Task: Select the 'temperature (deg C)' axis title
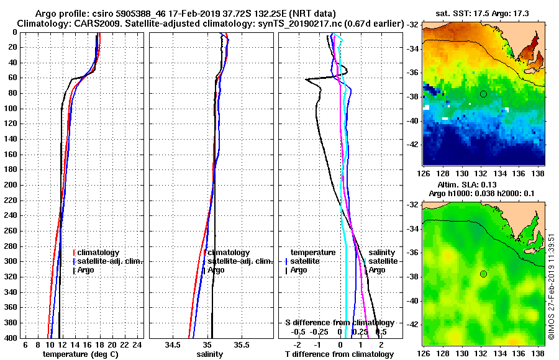click(x=80, y=354)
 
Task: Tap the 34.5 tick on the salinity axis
click(x=173, y=345)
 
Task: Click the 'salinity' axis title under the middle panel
click(x=211, y=354)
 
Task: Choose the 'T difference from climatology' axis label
click(x=339, y=354)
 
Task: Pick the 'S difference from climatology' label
click(x=339, y=323)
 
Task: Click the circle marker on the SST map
click(x=483, y=94)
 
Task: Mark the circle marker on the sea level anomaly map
click(x=483, y=274)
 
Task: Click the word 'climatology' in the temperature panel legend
click(x=100, y=253)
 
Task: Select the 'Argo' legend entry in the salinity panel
click(x=217, y=270)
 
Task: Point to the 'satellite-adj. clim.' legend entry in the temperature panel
click(x=110, y=261)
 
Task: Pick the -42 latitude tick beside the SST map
click(x=412, y=144)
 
